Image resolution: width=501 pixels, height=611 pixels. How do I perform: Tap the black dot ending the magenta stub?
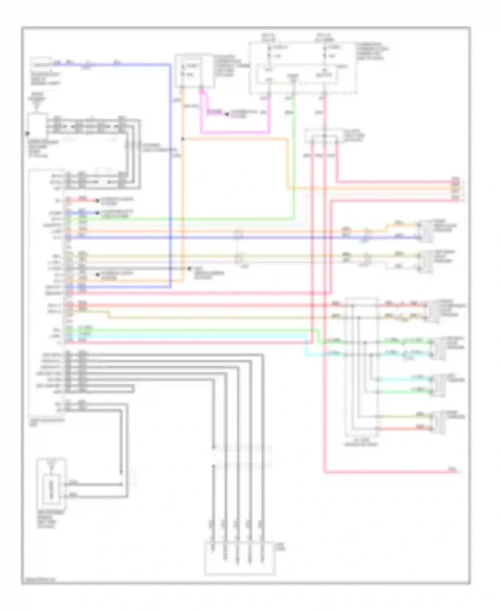pos(227,114)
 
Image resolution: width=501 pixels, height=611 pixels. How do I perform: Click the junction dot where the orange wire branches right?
pos(183,139)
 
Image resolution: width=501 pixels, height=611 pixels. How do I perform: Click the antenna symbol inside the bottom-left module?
pos(51,465)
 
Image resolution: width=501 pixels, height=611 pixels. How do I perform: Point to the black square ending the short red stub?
pos(98,201)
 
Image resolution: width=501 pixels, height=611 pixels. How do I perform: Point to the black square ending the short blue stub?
pos(98,213)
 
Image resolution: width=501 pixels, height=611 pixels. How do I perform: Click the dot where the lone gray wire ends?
pos(189,268)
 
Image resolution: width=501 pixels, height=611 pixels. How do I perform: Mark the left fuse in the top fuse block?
pos(269,52)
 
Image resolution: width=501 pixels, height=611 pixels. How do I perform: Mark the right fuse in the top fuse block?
pos(325,52)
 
